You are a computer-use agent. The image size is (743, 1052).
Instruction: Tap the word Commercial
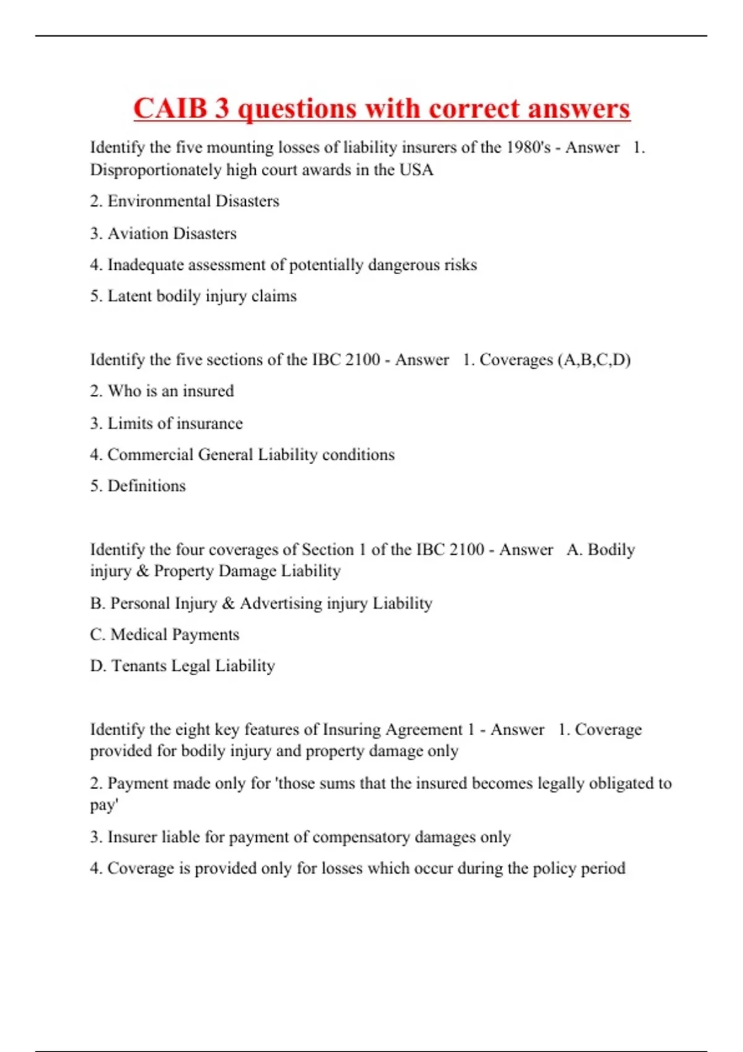(150, 455)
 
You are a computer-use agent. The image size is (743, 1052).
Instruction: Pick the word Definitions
(147, 486)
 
